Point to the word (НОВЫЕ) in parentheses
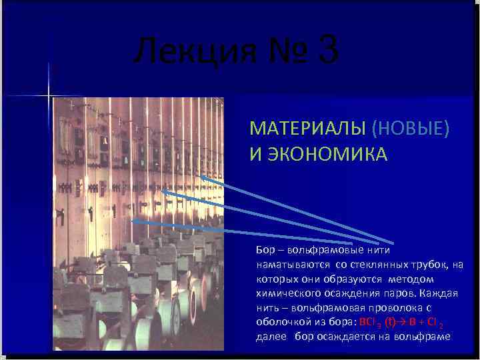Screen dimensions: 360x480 (x=409, y=128)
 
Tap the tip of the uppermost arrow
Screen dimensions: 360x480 (x=200, y=176)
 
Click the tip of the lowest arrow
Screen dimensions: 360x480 (x=133, y=220)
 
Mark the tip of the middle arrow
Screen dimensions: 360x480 (x=162, y=191)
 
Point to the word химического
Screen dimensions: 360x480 (x=286, y=293)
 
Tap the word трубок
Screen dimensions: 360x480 (x=433, y=265)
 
